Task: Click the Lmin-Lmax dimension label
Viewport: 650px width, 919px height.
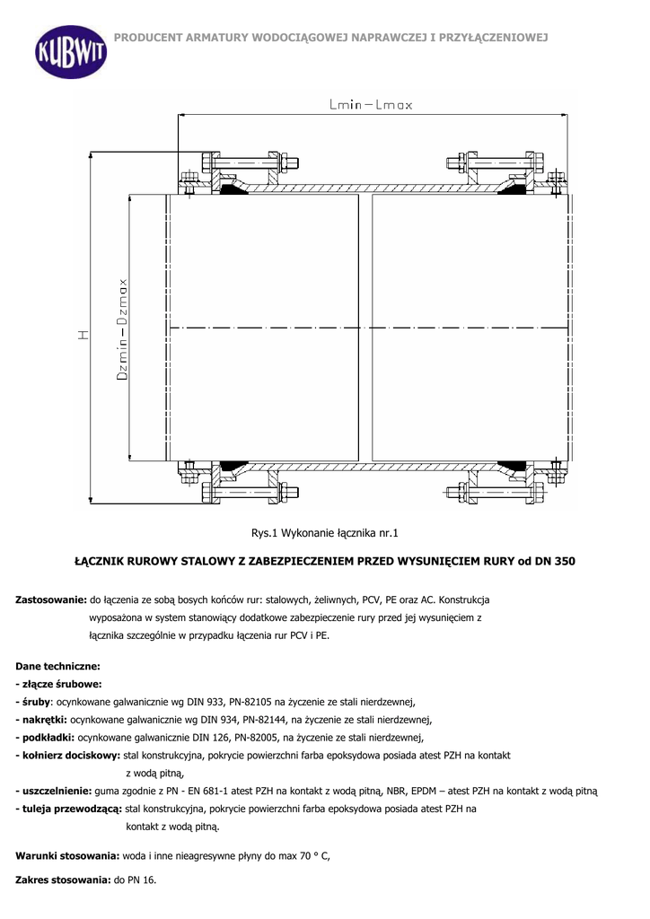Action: point(371,105)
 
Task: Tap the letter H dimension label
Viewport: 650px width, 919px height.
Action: point(83,334)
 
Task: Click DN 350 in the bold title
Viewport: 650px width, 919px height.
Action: point(554,561)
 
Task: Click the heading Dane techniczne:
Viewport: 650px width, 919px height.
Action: point(58,667)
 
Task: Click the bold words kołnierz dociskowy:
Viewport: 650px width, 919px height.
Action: point(68,756)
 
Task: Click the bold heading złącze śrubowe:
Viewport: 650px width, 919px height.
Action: point(59,684)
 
